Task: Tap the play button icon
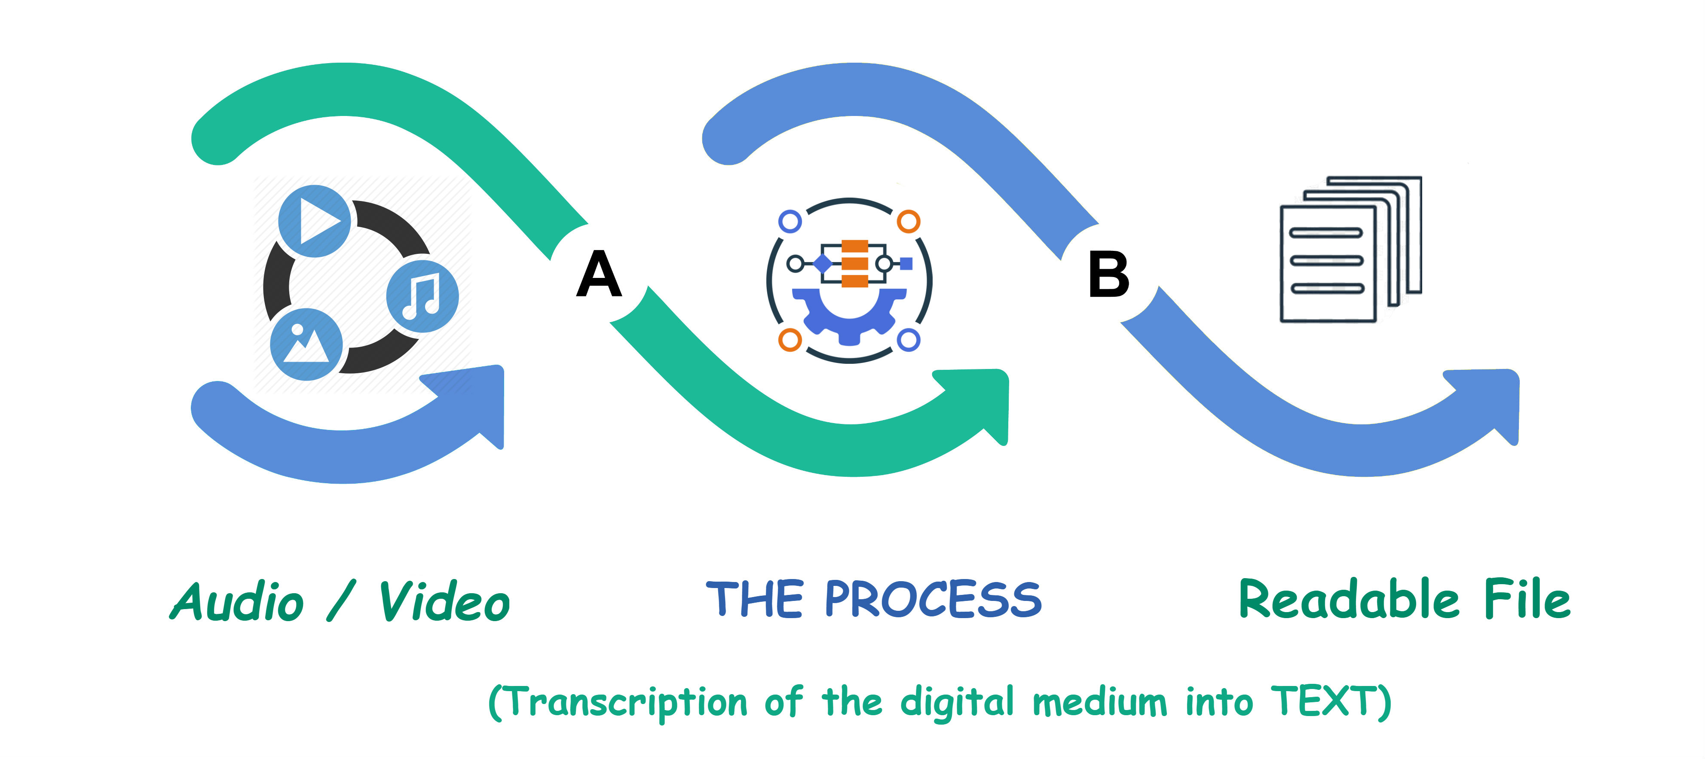[x=314, y=220]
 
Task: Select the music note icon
[x=422, y=296]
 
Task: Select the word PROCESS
[x=933, y=599]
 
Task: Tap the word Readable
[x=1348, y=599]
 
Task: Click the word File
[x=1527, y=599]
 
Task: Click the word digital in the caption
[x=956, y=701]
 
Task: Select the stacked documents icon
[x=1350, y=250]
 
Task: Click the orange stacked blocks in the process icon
[x=854, y=263]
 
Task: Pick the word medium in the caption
[x=1099, y=701]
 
